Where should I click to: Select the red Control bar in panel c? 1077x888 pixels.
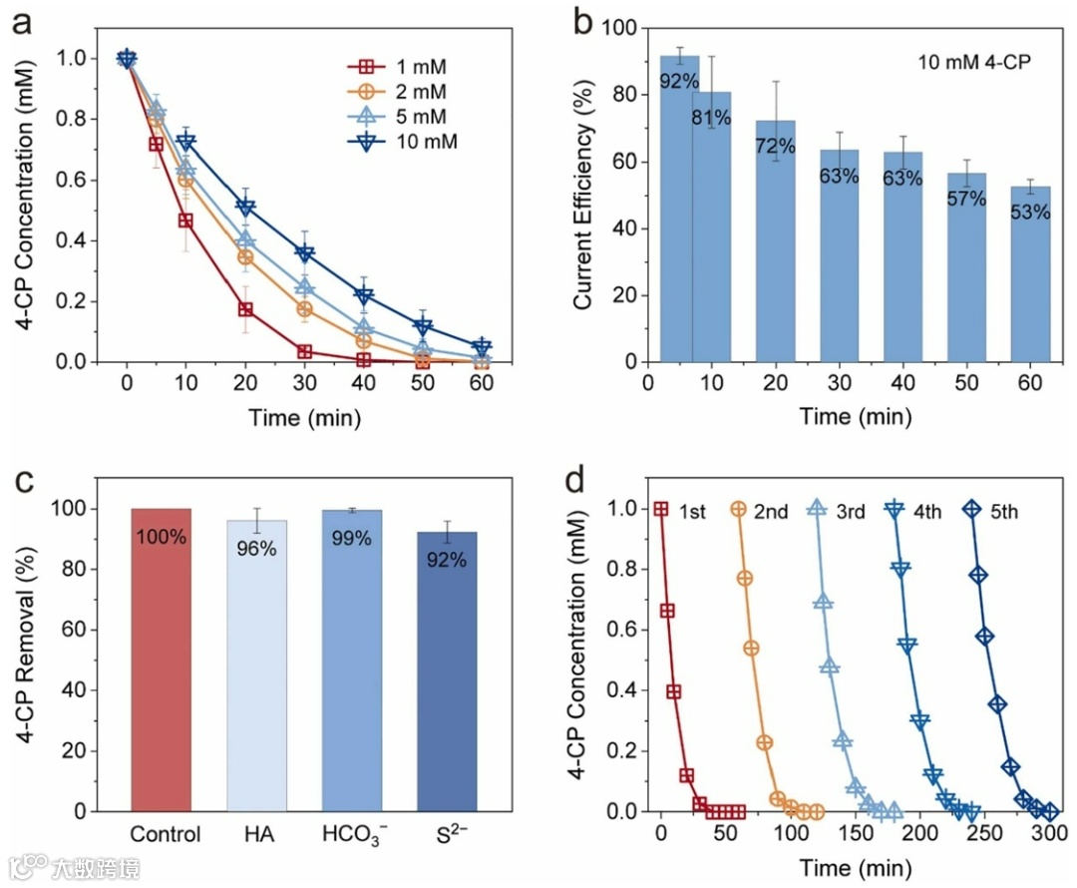click(x=162, y=660)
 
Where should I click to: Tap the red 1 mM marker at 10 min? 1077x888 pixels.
click(x=185, y=220)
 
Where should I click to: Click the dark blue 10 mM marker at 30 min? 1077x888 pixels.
click(x=305, y=253)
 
